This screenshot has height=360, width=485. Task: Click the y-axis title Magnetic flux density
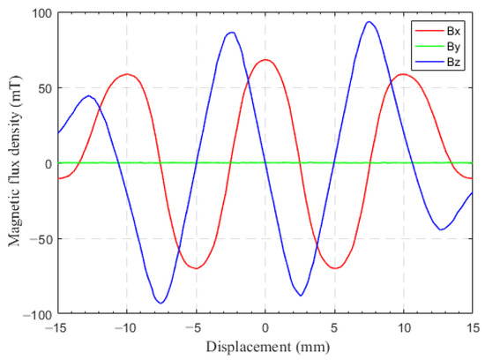click(15, 162)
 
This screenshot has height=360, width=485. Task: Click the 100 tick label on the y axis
click(41, 13)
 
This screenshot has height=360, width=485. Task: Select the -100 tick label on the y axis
click(38, 315)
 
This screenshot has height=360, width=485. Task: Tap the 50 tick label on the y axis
click(44, 88)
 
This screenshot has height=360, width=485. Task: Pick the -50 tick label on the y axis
click(41, 239)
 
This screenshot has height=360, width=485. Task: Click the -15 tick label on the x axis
click(57, 327)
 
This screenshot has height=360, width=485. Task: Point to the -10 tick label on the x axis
click(126, 327)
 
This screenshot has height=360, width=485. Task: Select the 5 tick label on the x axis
click(334, 327)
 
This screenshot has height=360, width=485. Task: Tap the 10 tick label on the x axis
click(403, 327)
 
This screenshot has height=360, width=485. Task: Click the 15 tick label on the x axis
click(472, 327)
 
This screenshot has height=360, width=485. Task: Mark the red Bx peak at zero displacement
click(265, 60)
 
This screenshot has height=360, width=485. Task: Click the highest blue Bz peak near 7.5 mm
click(369, 22)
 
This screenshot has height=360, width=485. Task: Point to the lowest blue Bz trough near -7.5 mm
click(160, 303)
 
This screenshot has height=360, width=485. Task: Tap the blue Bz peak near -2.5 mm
click(231, 33)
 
